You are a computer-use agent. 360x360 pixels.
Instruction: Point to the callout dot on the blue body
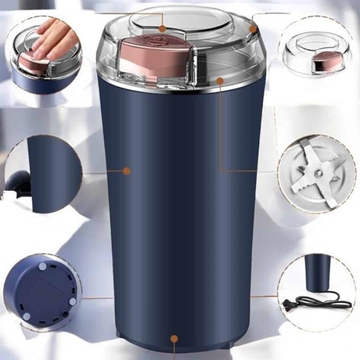[x=127, y=170]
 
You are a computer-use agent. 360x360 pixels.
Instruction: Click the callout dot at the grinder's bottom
[x=174, y=339]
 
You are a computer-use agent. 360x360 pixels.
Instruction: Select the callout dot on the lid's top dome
[x=163, y=29]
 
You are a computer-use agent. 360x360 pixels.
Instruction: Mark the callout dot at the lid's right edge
[x=253, y=29]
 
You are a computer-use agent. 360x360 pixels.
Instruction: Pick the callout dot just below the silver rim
[x=220, y=81]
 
